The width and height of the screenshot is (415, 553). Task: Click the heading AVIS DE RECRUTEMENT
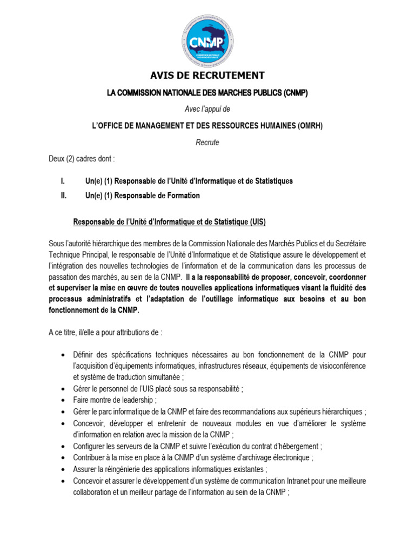[207, 75]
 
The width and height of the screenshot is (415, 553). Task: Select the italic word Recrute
[207, 142]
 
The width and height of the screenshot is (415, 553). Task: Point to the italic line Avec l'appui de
[207, 109]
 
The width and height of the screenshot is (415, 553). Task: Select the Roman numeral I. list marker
[64, 181]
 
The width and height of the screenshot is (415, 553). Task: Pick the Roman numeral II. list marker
[65, 195]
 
